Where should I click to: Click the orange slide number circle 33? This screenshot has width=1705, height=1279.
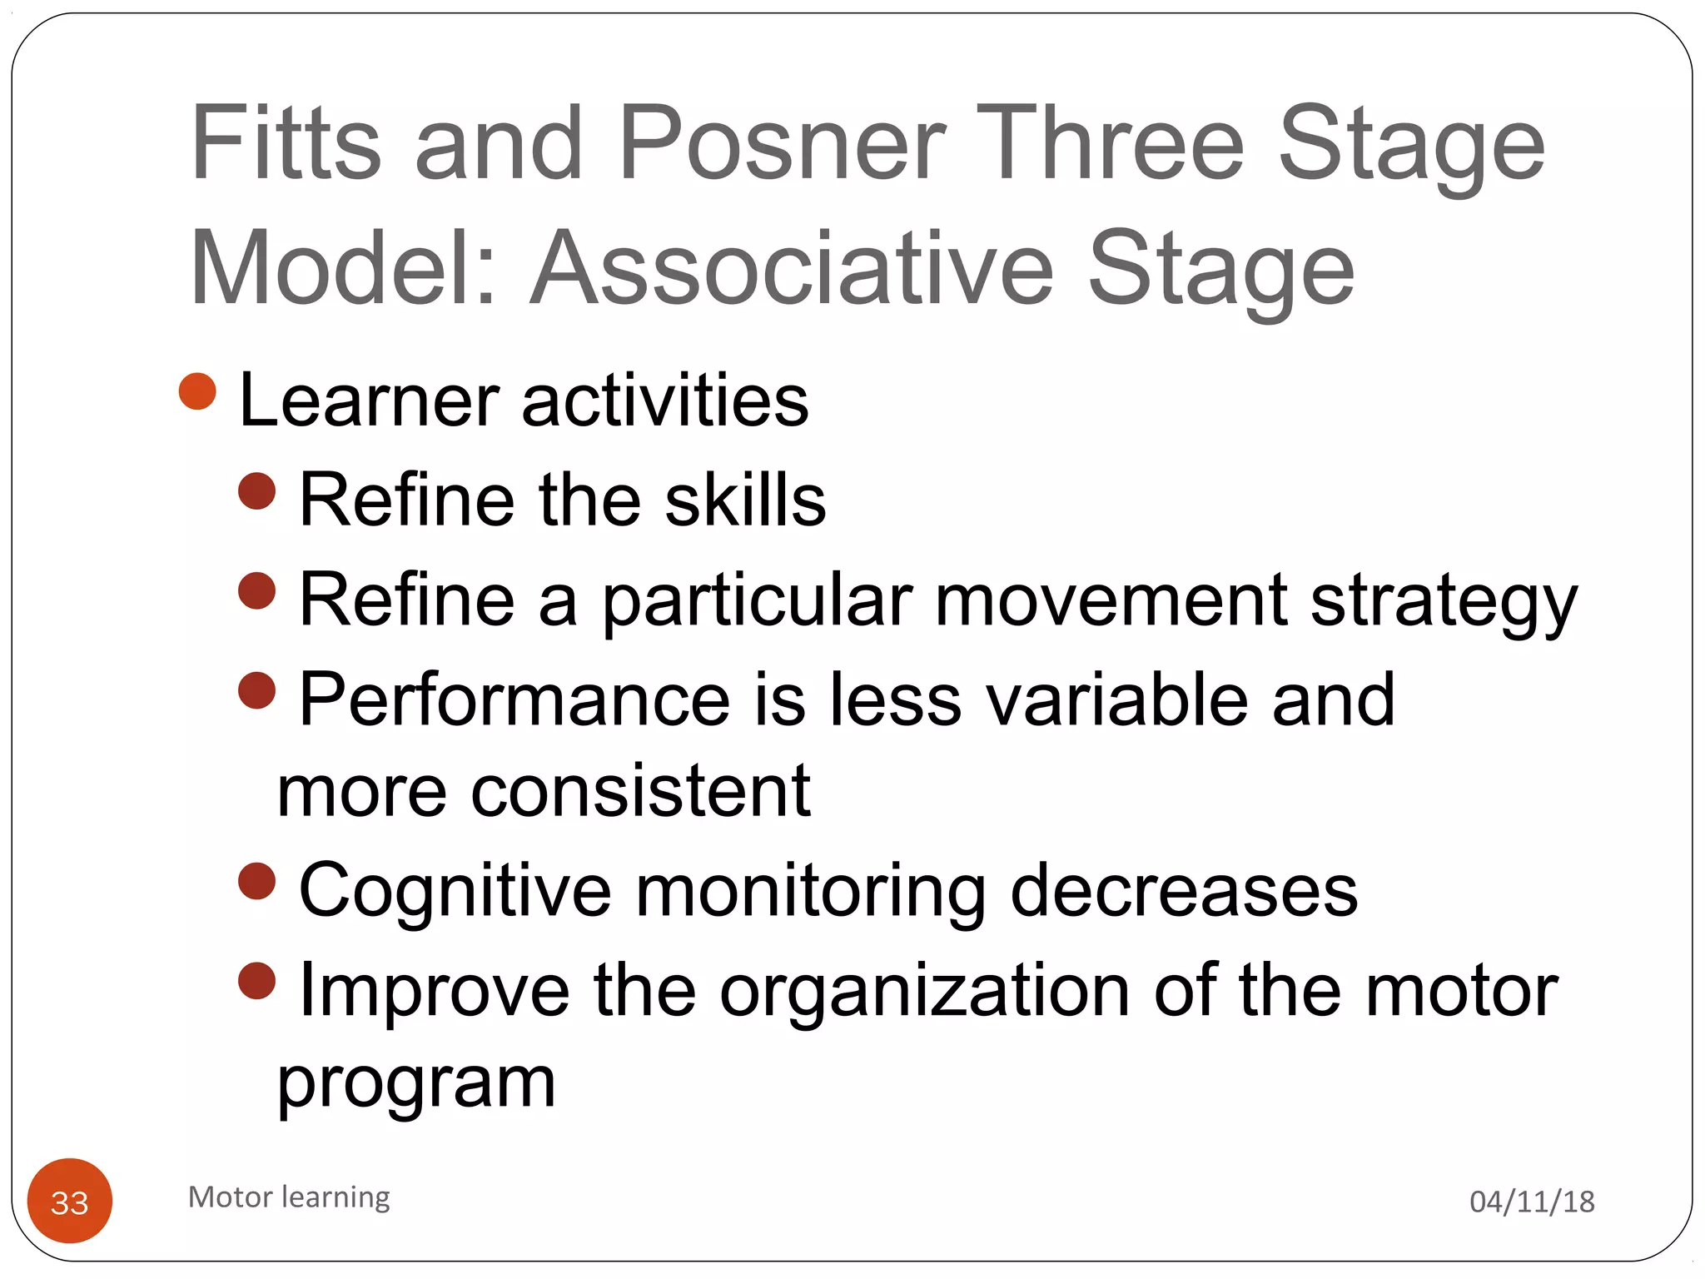[x=70, y=1201]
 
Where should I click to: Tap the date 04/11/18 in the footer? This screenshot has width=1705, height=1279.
[x=1532, y=1202]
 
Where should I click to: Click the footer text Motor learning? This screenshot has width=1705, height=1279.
[x=289, y=1197]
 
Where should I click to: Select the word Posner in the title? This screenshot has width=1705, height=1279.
[x=782, y=143]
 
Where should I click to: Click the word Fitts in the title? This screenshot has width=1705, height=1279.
[x=286, y=143]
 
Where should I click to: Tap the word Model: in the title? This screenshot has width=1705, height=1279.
[x=344, y=269]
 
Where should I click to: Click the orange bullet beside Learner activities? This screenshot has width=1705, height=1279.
[x=197, y=391]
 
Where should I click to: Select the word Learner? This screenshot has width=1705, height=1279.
[x=369, y=401]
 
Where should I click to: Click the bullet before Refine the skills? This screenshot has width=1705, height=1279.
[x=256, y=490]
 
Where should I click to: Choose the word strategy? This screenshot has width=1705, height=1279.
[x=1444, y=602]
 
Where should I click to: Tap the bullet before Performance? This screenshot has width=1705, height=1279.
[x=256, y=690]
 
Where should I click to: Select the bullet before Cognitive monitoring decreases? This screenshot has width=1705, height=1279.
[x=256, y=881]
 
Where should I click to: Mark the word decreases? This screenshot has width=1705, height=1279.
[x=1183, y=891]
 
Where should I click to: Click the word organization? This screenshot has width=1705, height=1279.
[x=924, y=991]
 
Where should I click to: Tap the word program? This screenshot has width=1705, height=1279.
[x=416, y=1085]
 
